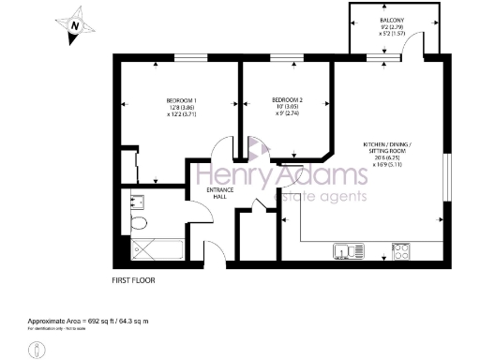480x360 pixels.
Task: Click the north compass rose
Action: coord(72,29)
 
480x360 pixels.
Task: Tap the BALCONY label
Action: coord(393,19)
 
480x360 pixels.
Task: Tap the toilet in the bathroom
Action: coord(139,222)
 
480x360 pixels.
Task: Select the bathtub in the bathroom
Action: coord(152,248)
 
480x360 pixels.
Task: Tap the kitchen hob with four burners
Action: coord(402,250)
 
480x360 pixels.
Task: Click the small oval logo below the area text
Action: coord(35,349)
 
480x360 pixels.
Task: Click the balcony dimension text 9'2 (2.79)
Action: coord(393,28)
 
